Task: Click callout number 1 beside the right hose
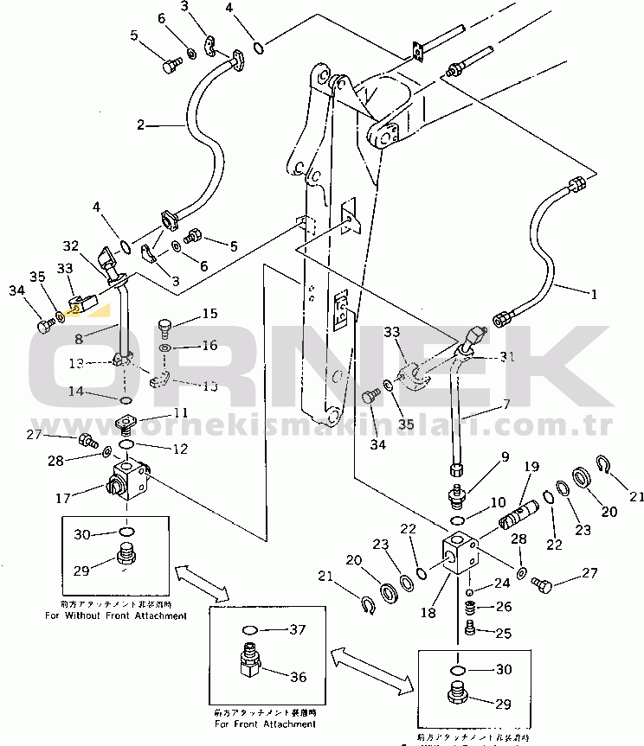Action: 595,295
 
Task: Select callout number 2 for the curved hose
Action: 141,125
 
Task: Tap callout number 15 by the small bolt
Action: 210,313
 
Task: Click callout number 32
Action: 70,246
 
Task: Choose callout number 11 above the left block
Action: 179,412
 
